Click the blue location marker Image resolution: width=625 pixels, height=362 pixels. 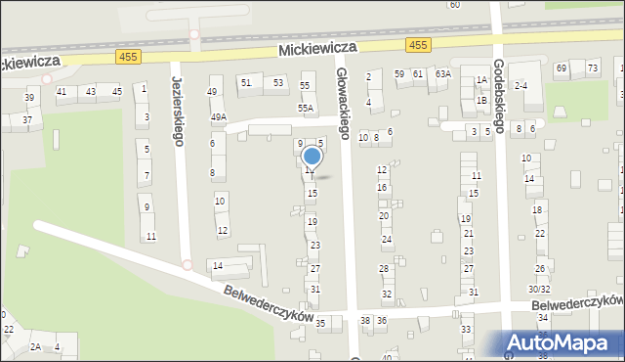coord(312,157)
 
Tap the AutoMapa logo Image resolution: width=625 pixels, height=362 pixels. coord(564,341)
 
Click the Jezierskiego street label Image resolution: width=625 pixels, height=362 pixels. coord(179,112)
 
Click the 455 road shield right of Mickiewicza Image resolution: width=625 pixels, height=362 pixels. coord(419,45)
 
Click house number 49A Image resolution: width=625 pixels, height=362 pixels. coord(219,117)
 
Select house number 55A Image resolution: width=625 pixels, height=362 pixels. coord(306,109)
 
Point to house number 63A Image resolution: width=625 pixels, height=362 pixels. coord(443,73)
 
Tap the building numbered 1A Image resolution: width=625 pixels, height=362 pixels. coord(481,81)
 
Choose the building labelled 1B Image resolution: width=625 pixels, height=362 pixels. coord(481,100)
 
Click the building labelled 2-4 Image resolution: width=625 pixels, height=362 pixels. coord(522,86)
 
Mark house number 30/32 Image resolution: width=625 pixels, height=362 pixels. coord(539,289)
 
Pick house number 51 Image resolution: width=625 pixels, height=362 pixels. coord(246,83)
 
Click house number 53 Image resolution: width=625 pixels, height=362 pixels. coord(278,83)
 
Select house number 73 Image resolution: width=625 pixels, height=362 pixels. coord(593,68)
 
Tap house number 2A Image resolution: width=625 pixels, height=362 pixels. coord(35,346)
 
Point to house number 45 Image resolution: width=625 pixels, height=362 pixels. coord(116,91)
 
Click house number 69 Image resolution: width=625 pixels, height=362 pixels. coord(562,68)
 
